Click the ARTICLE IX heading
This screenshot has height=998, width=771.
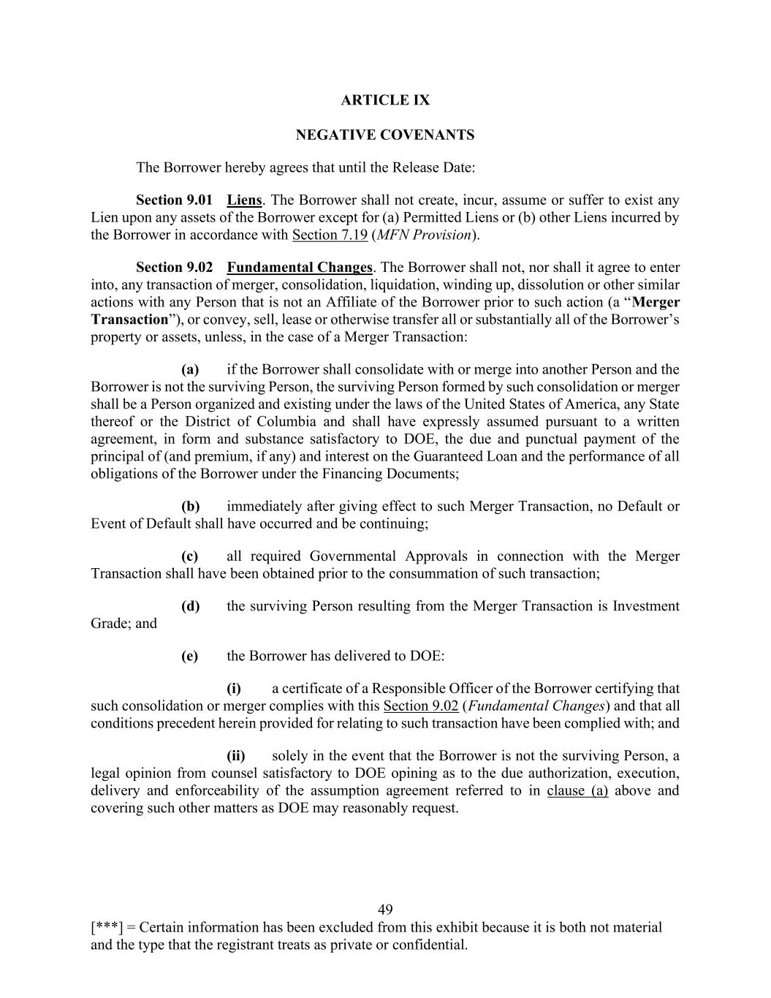pos(385,100)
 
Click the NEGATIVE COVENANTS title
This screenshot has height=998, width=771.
pos(385,135)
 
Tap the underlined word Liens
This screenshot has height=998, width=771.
pos(244,200)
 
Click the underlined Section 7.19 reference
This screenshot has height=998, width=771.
pos(330,235)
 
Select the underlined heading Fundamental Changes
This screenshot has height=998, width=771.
pos(300,268)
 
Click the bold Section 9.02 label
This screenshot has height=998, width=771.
pos(174,268)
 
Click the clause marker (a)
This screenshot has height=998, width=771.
pos(190,370)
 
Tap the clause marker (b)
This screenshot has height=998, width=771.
pos(190,507)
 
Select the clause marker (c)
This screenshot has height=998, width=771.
pos(190,556)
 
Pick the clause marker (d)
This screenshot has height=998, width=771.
pos(190,606)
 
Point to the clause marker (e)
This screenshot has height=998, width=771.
pos(190,656)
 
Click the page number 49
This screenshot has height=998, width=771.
pos(385,910)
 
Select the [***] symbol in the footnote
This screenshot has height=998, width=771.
pos(107,928)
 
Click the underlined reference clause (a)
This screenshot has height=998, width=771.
pos(577,791)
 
